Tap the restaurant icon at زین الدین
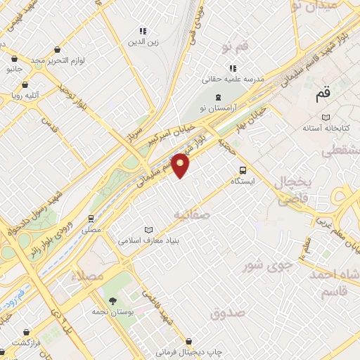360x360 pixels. [x=143, y=31]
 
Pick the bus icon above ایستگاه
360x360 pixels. [x=243, y=169]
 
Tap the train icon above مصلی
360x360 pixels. [x=91, y=218]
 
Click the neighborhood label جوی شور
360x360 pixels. [x=263, y=266]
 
